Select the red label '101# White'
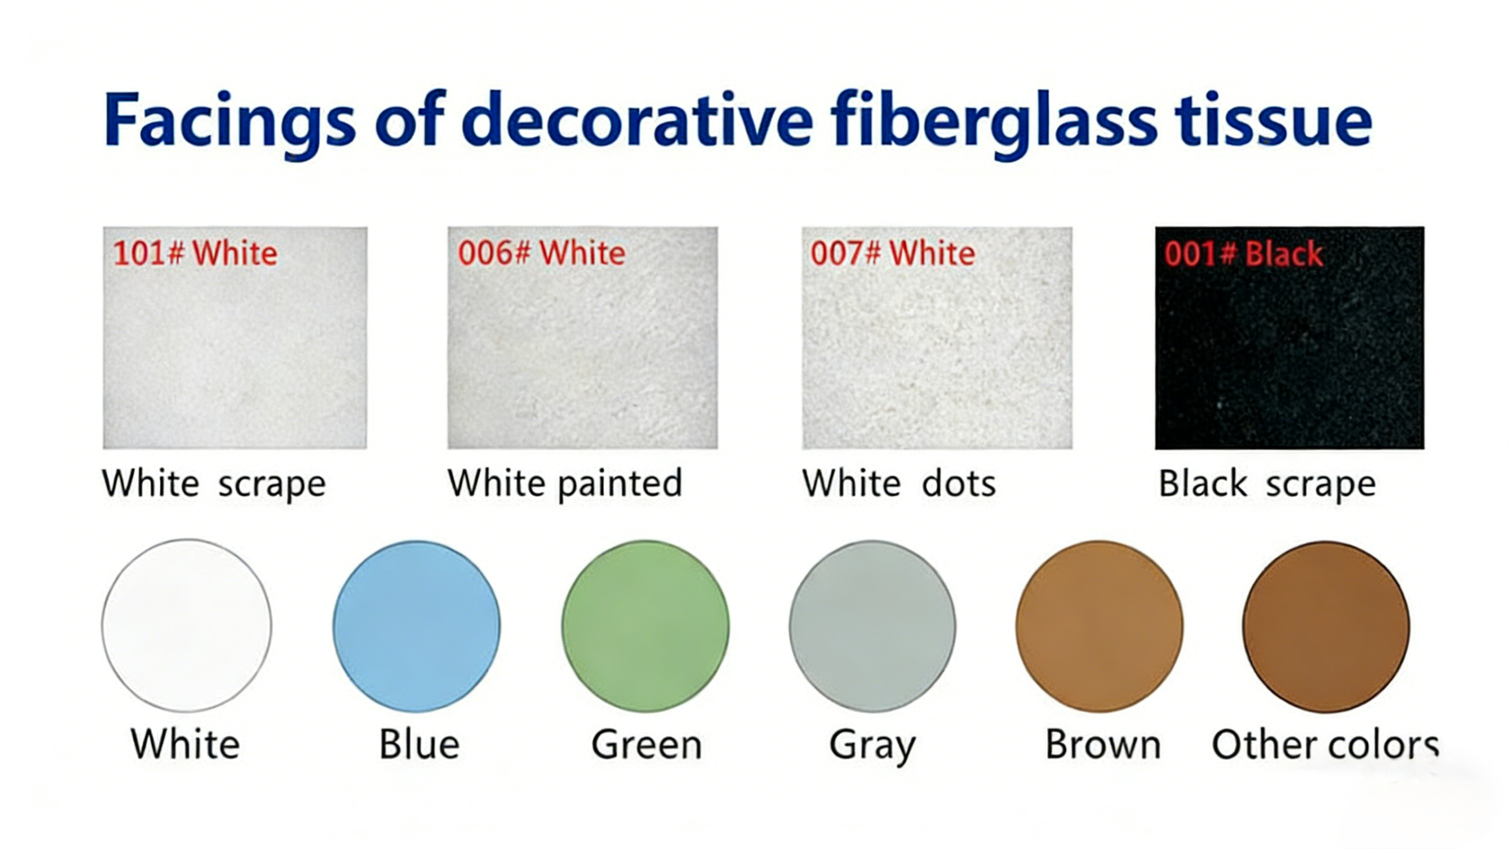(x=195, y=254)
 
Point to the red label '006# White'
(x=541, y=253)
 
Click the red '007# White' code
(x=892, y=253)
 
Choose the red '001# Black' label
(x=1243, y=254)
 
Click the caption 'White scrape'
(x=214, y=484)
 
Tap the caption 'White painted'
(x=564, y=484)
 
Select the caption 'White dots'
(x=898, y=483)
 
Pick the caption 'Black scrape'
(x=1267, y=484)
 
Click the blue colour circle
(x=416, y=626)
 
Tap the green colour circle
(x=645, y=626)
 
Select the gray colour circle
(x=872, y=626)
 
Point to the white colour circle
(x=186, y=625)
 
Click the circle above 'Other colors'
(x=1326, y=627)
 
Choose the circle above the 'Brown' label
(x=1099, y=626)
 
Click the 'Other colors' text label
(x=1325, y=745)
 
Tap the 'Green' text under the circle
(x=646, y=745)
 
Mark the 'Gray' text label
(x=872, y=747)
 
